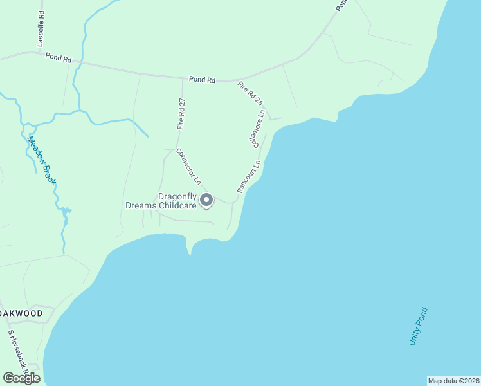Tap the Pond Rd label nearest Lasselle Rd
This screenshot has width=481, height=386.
[x=58, y=58]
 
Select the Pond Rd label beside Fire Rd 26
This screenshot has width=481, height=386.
[x=202, y=80]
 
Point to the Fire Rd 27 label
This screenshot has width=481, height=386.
[x=182, y=114]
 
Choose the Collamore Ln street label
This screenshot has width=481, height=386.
[x=259, y=129]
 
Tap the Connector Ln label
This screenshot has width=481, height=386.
[x=189, y=167]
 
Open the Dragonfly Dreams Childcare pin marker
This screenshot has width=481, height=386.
[x=206, y=201]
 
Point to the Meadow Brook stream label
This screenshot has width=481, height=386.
[x=42, y=160]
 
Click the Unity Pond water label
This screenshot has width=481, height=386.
[x=418, y=326]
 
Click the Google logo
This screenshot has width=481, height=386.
[x=21, y=378]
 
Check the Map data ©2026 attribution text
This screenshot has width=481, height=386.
[x=453, y=381]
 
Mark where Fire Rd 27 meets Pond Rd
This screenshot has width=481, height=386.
[x=183, y=78]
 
